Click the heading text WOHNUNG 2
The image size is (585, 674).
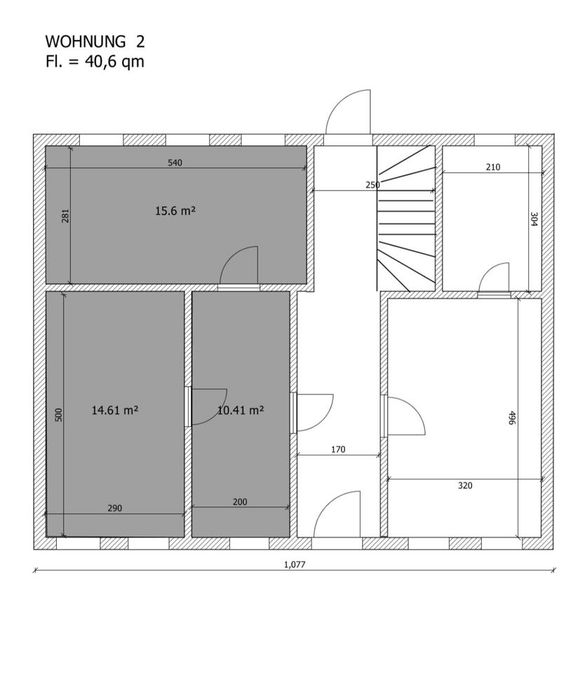click(95, 41)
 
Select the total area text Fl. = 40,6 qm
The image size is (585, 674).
click(95, 62)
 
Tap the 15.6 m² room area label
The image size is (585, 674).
click(175, 211)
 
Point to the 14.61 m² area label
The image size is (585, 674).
click(114, 410)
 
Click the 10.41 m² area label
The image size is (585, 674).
click(241, 410)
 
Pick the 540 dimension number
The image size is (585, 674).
click(175, 162)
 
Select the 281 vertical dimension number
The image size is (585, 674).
click(65, 216)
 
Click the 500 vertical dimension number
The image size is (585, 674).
click(59, 414)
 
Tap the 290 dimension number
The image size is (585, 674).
click(114, 508)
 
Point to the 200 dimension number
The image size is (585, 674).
click(240, 501)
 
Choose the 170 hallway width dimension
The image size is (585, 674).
click(338, 449)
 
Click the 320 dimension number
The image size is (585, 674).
click(465, 485)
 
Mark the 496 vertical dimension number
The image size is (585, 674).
click(511, 418)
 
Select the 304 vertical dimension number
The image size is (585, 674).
click(534, 219)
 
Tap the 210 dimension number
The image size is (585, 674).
click(492, 167)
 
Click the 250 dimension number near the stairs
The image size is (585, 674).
click(372, 185)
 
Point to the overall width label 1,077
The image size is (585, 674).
click(295, 564)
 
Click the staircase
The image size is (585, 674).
click(406, 218)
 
